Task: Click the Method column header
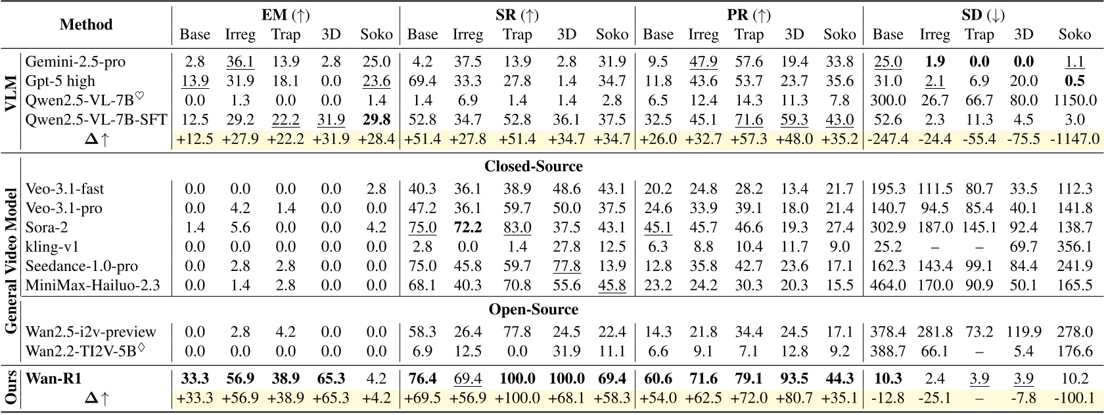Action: pyautogui.click(x=86, y=24)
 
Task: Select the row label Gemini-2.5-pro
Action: pyautogui.click(x=75, y=62)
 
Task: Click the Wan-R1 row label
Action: pyautogui.click(x=55, y=379)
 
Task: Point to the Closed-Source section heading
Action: pyautogui.click(x=533, y=166)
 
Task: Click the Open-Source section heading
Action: pyautogui.click(x=533, y=309)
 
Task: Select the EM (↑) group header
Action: pyautogui.click(x=285, y=15)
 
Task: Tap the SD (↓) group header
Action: pyautogui.click(x=982, y=15)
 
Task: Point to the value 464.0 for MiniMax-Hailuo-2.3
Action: pyautogui.click(x=888, y=285)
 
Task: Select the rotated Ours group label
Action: pyautogui.click(x=11, y=388)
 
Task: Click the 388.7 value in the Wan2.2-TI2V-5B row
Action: pyautogui.click(x=888, y=351)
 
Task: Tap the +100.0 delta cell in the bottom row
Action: pyautogui.click(x=517, y=398)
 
